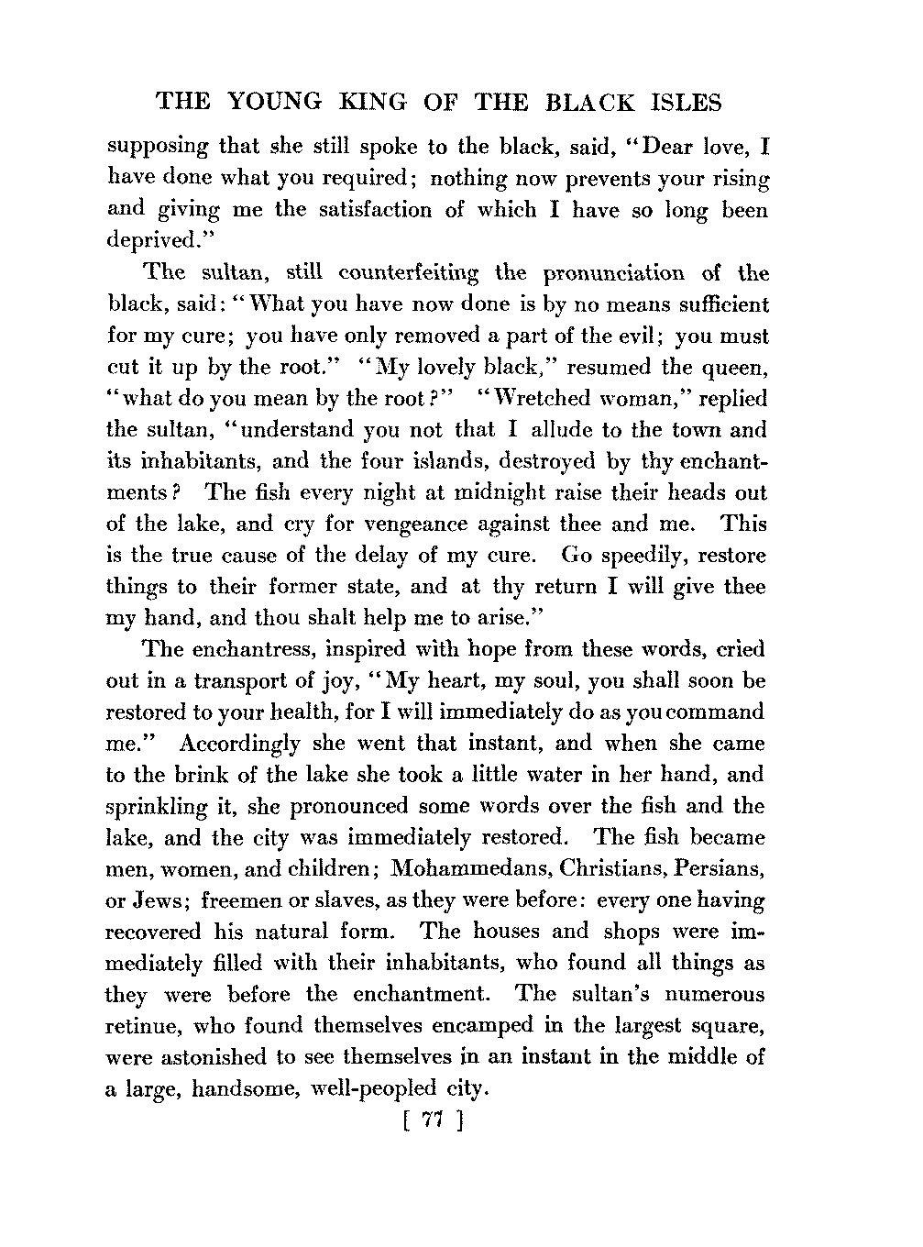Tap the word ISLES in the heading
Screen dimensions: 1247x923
(x=684, y=102)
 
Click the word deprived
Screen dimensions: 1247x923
(x=148, y=242)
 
